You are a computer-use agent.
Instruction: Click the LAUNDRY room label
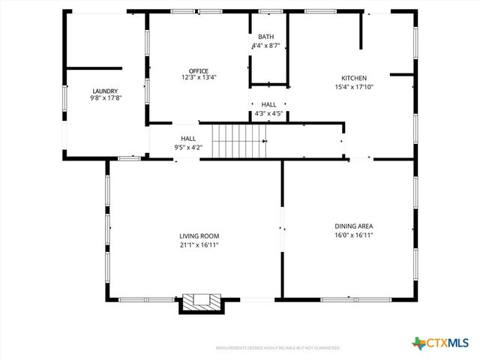[x=105, y=91]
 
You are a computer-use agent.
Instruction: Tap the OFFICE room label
[x=199, y=70]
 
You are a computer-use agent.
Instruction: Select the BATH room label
[x=266, y=37]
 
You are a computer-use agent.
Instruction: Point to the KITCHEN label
[x=354, y=78]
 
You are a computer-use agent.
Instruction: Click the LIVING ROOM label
[x=199, y=236]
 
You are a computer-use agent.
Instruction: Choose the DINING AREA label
[x=354, y=226]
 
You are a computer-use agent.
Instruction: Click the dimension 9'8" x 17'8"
[x=105, y=97]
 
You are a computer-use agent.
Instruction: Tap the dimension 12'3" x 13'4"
[x=199, y=77]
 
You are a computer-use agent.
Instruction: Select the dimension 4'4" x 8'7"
[x=266, y=46]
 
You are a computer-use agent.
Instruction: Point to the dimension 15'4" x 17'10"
[x=354, y=86]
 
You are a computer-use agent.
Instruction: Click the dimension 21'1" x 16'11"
[x=199, y=244]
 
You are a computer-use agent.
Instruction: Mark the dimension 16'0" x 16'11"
[x=354, y=235]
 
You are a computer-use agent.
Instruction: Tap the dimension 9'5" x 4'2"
[x=188, y=147]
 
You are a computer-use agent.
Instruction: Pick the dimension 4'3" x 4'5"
[x=268, y=113]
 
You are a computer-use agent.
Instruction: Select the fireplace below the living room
[x=201, y=302]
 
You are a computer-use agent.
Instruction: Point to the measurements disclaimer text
[x=278, y=348]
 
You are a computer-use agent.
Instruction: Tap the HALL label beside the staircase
[x=188, y=138]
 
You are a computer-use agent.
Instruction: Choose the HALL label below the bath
[x=268, y=105]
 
